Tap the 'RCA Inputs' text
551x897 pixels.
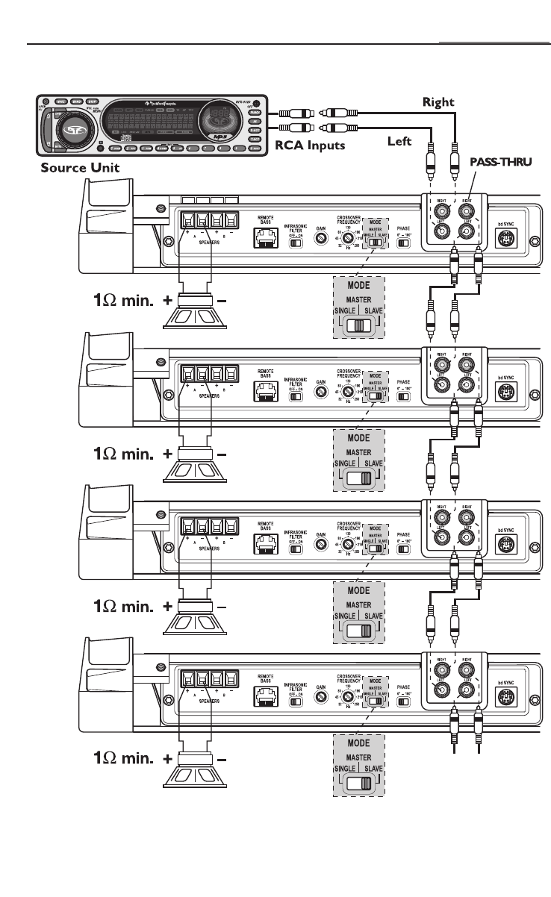tap(309, 146)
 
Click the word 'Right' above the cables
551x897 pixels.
tap(438, 101)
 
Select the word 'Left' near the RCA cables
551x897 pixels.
tap(399, 140)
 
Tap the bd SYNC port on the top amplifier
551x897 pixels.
tap(507, 238)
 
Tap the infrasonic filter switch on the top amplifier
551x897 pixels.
tap(297, 243)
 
